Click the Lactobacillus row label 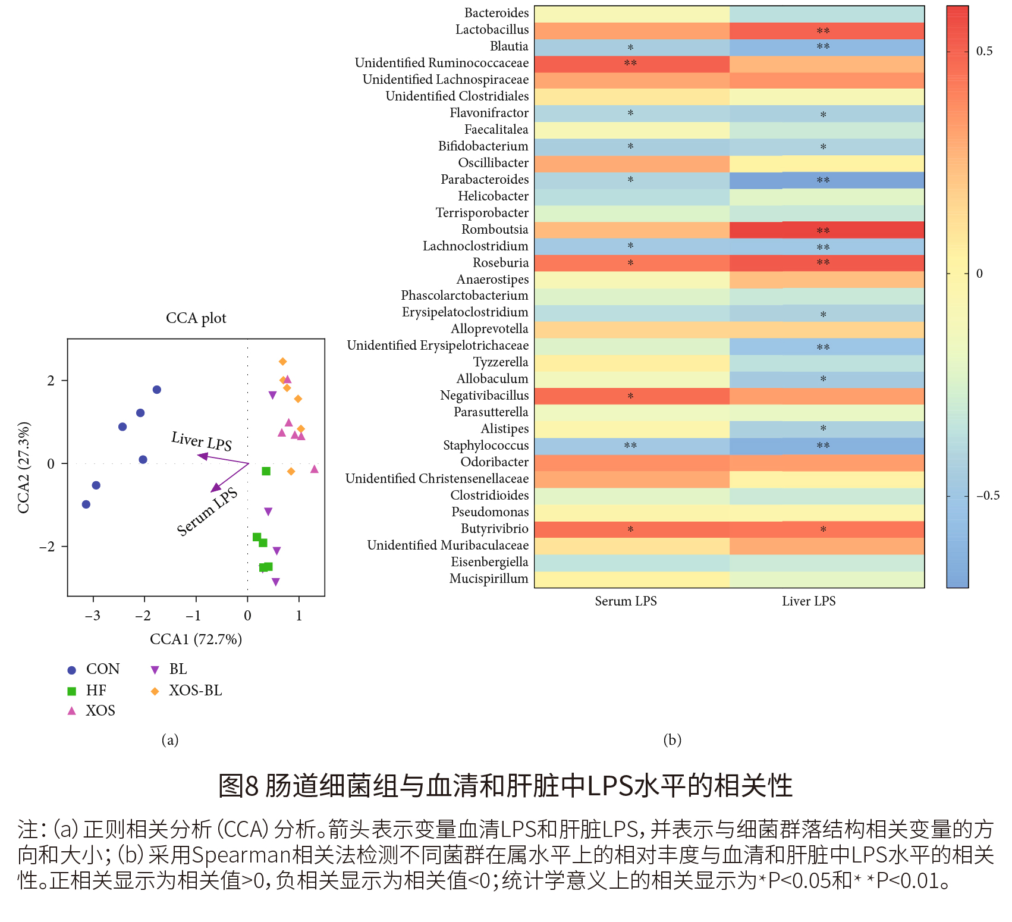pos(492,30)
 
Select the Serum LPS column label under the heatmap pos(626,601)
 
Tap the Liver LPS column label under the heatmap pos(808,601)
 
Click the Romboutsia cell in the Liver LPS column pos(826,230)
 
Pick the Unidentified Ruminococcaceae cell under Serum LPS pos(631,64)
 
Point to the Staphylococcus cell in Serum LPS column pos(631,446)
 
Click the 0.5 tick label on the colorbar pos(984,51)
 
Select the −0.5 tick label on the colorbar pos(987,496)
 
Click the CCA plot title pos(196,318)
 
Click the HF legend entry pos(96,691)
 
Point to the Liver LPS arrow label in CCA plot pos(202,441)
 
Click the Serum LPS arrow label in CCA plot pos(207,512)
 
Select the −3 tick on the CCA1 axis pos(93,616)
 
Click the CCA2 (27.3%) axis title pos(24,468)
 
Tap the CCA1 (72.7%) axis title pos(196,639)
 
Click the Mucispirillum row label pos(488,579)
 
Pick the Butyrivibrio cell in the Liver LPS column pos(826,529)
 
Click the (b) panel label pos(672,740)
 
